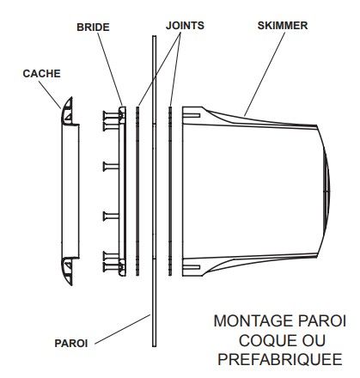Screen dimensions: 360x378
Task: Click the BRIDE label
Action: (93, 27)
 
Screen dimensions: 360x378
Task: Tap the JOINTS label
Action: (185, 26)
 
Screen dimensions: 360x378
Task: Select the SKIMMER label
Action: (283, 26)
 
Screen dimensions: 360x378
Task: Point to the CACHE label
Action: (41, 74)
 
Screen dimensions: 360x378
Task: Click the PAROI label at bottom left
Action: (71, 343)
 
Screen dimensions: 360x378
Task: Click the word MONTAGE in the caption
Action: (253, 321)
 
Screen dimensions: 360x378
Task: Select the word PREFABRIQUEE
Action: (280, 359)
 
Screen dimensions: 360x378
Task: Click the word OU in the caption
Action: (314, 340)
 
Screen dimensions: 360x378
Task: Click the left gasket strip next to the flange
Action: (137, 191)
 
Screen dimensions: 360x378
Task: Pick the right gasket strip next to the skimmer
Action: (170, 191)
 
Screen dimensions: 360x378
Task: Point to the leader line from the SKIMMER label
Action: (265, 74)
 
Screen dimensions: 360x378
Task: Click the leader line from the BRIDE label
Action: (110, 70)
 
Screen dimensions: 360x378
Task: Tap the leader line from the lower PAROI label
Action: (122, 329)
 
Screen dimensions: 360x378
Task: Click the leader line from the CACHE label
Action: (50, 94)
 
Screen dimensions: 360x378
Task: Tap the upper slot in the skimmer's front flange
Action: (192, 115)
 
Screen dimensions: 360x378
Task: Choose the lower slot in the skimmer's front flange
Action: (192, 267)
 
